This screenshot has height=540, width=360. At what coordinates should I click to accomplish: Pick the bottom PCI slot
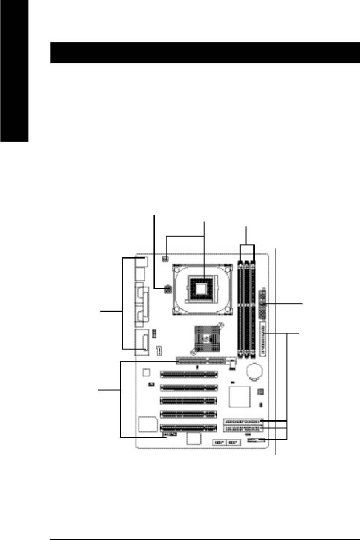coord(189,428)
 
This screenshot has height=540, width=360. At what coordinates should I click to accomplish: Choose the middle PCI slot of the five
coord(189,402)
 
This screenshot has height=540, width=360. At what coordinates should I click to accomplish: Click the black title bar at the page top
coord(205,53)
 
